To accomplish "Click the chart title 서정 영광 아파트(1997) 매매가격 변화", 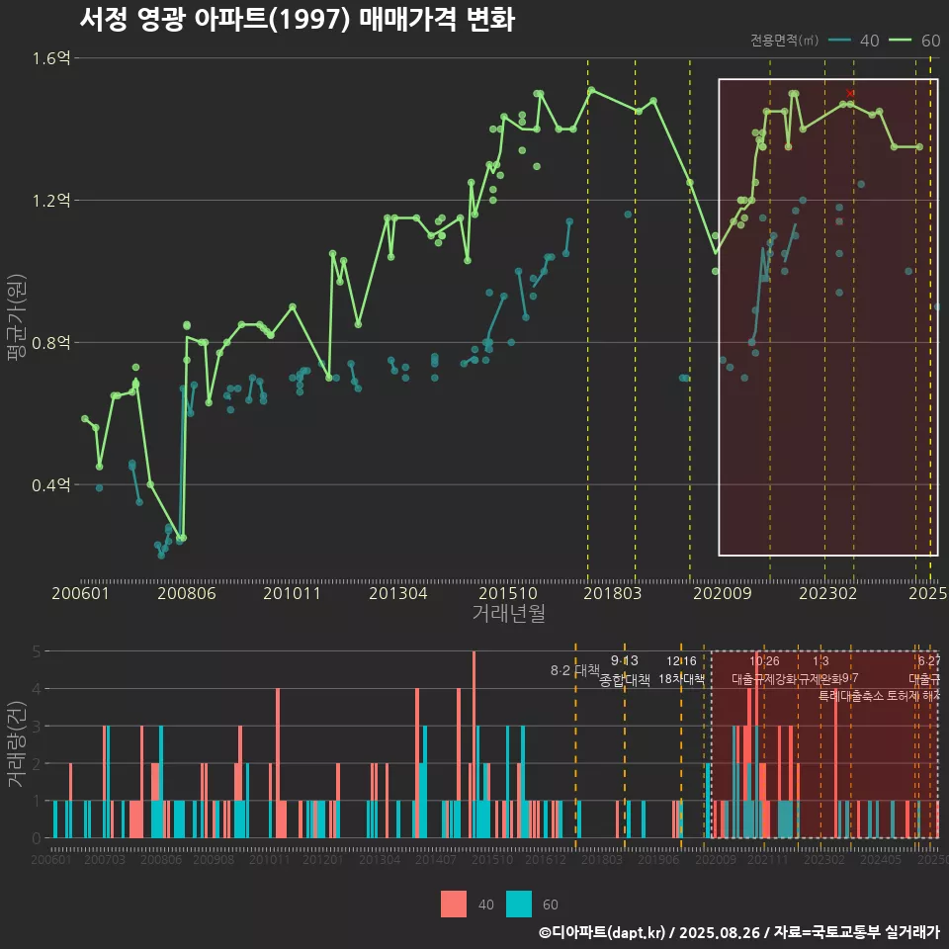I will [297, 20].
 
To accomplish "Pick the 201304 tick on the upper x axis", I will [397, 593].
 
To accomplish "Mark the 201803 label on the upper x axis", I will [612, 593].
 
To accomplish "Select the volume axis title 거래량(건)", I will [16, 744].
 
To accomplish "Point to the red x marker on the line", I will [850, 93].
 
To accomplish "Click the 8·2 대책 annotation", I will [575, 670].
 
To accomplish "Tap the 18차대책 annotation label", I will [681, 680].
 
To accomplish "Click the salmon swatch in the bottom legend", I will [454, 904].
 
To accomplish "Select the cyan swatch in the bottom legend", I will [518, 904].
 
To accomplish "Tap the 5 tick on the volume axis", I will [37, 651].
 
